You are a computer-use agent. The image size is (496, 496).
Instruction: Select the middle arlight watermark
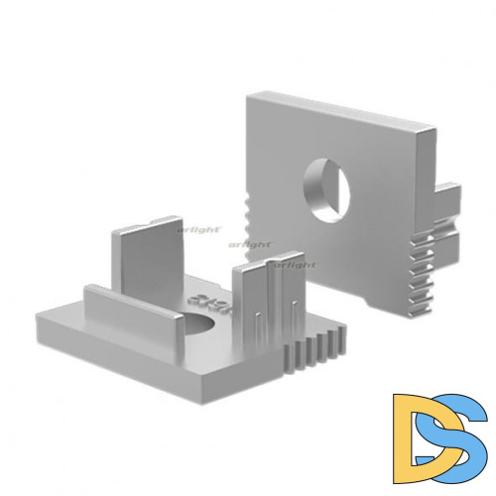(248, 243)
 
